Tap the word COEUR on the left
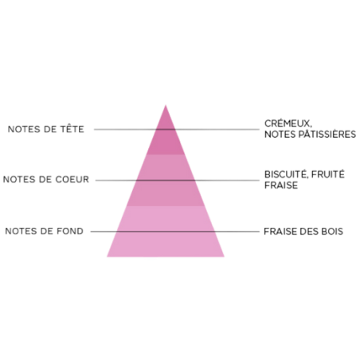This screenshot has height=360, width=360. [72, 179]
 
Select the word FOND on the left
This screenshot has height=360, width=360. [70, 231]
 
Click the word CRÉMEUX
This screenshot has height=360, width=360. [288, 123]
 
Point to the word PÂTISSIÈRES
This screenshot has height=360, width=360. [327, 134]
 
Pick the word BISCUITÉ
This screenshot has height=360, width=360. [286, 174]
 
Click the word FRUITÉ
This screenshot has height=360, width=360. [328, 174]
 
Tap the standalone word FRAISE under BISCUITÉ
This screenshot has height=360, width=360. [281, 185]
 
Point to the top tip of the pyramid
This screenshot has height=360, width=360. [166, 105]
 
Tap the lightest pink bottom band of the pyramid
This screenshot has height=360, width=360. [166, 232]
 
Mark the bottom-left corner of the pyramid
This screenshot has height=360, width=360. [107, 256]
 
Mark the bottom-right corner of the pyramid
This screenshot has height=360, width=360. [225, 256]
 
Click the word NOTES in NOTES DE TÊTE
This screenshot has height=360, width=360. [25, 129]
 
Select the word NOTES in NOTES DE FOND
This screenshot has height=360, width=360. [22, 231]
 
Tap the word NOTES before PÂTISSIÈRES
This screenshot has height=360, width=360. [280, 135]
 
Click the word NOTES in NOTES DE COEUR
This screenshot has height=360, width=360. [19, 179]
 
